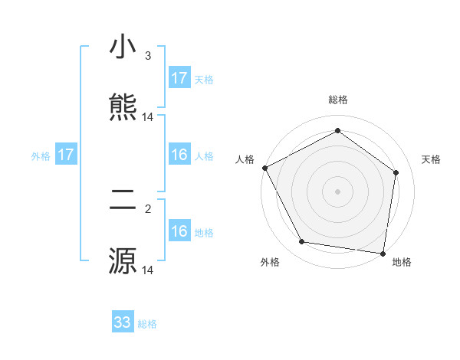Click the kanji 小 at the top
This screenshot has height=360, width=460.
(x=123, y=49)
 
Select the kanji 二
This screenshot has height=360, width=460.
(x=123, y=201)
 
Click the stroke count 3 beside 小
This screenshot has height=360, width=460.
(x=148, y=56)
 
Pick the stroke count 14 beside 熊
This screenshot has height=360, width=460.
(x=148, y=117)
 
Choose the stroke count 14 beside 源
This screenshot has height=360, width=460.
(x=148, y=270)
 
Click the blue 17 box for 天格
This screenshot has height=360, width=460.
(x=179, y=78)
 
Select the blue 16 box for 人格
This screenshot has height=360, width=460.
(x=179, y=155)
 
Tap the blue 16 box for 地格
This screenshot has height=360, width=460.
(x=179, y=232)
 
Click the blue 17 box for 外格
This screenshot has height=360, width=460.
(x=66, y=155)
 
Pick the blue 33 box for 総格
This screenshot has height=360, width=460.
(x=123, y=322)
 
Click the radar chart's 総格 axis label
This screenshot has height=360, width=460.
(x=338, y=100)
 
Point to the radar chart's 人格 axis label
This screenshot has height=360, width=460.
(x=245, y=159)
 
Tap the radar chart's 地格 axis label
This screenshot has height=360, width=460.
(x=402, y=262)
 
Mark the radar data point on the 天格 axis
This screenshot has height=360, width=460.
(x=396, y=172)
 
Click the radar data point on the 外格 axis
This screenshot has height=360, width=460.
(x=302, y=242)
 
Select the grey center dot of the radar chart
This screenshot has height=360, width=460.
(x=338, y=191)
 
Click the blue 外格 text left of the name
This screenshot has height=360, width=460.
(x=41, y=156)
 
